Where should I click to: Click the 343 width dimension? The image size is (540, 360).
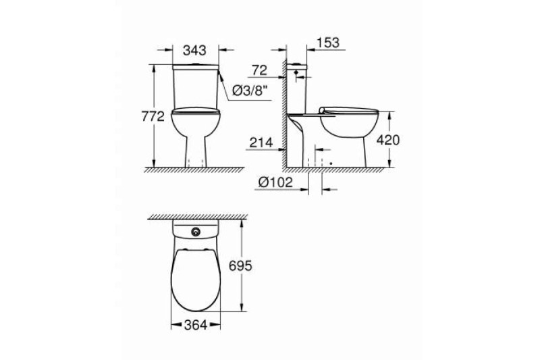click(194, 50)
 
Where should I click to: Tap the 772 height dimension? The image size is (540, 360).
click(153, 117)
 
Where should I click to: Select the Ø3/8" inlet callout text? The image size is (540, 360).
click(250, 91)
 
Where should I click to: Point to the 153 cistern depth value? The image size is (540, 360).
click(328, 43)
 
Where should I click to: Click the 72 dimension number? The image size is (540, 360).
click(259, 70)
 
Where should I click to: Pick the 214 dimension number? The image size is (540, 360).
click(261, 143)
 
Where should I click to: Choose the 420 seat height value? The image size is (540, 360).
click(387, 140)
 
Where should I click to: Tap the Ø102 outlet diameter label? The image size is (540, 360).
click(275, 182)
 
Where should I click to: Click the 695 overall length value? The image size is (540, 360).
click(240, 265)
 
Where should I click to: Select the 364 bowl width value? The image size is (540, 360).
click(196, 325)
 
